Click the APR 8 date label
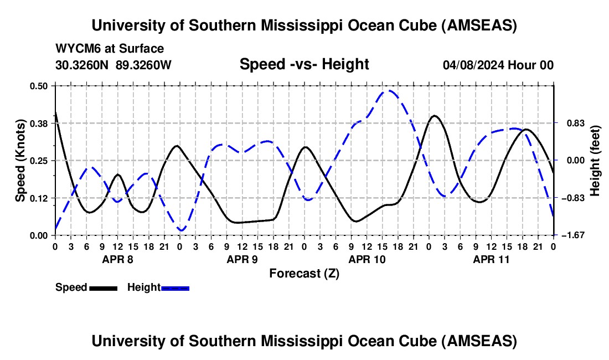pyautogui.click(x=117, y=259)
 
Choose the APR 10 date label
pyautogui.click(x=366, y=259)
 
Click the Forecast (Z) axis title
pyautogui.click(x=304, y=273)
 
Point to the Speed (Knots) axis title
pyautogui.click(x=20, y=161)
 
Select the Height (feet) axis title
pyautogui.click(x=595, y=161)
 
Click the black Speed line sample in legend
pyautogui.click(x=103, y=288)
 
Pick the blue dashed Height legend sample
pyautogui.click(x=175, y=288)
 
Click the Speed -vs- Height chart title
pyautogui.click(x=304, y=65)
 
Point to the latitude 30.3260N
pyautogui.click(x=83, y=65)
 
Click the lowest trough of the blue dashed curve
pyautogui.click(x=181, y=230)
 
